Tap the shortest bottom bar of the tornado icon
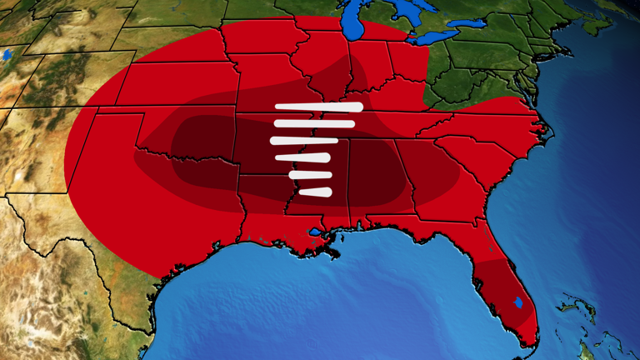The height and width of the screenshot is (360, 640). click(316, 192)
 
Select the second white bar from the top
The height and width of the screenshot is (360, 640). click(312, 124)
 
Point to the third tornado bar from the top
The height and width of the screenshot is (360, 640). click(303, 140)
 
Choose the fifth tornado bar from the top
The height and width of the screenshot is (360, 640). click(310, 175)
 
